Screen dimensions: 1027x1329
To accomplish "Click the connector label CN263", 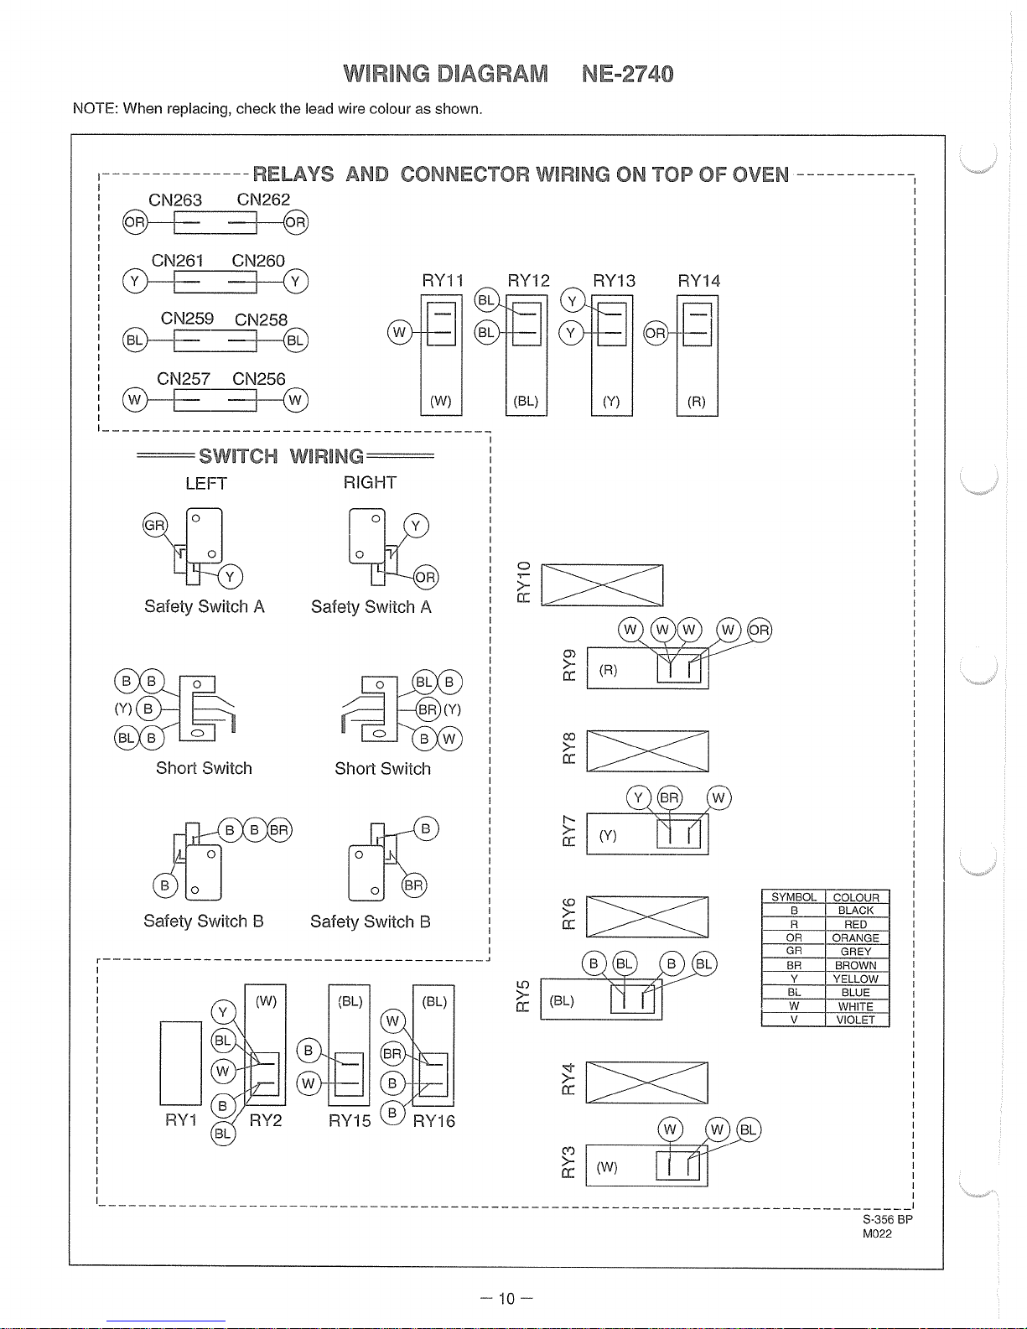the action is coord(175,200).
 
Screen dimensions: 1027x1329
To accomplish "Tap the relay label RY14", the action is coord(698,281).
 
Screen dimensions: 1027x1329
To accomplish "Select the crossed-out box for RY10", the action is coord(602,585).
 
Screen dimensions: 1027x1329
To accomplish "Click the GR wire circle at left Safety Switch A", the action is coord(154,525).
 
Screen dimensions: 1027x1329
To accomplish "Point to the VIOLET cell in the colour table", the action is coord(856,1020).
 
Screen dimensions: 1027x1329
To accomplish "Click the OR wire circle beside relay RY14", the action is coord(656,334).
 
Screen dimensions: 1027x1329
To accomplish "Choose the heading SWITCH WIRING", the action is coord(281,456).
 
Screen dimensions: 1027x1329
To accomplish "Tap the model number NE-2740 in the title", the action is coord(627,74).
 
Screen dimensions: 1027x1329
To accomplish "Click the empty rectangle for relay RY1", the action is coord(181,1063).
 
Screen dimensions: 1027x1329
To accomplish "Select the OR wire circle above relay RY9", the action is coord(760,630).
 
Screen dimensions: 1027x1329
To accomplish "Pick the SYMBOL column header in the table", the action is coord(793,896).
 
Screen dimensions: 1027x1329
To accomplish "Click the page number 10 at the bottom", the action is coord(506,1299).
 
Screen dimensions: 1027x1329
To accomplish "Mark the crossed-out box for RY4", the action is coord(646,1082).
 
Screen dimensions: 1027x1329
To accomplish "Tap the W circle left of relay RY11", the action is coord(400,333).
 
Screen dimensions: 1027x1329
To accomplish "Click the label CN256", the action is coord(258,379).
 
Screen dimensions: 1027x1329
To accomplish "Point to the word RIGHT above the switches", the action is coord(370,483).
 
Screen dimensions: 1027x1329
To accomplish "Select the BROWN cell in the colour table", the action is coord(856,965).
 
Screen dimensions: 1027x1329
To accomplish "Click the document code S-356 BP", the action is coord(888,1219).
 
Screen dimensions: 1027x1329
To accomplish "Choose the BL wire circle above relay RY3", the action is coord(749,1129).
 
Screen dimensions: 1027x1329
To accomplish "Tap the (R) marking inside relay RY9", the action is coord(609,670).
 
